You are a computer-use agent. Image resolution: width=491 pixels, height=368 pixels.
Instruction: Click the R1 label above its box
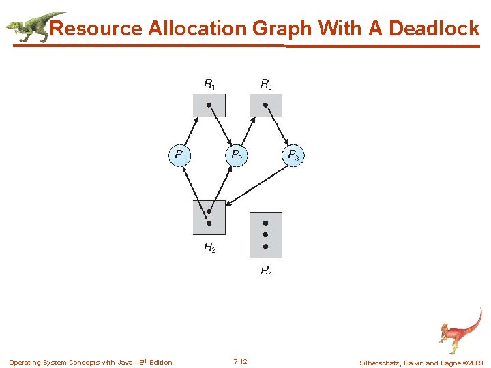click(210, 85)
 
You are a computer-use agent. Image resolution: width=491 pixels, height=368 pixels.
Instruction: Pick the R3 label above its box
click(267, 85)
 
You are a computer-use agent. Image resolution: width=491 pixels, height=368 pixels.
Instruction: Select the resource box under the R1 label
click(209, 106)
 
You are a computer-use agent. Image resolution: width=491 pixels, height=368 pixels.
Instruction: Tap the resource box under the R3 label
click(266, 106)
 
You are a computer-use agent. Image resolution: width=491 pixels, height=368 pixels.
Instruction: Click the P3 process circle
click(293, 155)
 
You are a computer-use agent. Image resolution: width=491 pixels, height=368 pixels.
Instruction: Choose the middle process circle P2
click(236, 155)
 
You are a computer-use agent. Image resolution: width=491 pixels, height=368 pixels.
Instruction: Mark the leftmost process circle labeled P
click(179, 155)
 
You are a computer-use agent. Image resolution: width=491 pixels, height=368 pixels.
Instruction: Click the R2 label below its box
click(210, 248)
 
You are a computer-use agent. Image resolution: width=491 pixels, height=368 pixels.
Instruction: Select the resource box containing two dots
click(209, 217)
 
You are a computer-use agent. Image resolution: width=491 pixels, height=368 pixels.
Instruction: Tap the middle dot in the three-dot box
click(266, 234)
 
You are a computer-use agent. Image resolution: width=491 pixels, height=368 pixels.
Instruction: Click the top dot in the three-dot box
click(266, 223)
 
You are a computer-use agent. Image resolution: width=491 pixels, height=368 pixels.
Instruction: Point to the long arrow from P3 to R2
click(259, 184)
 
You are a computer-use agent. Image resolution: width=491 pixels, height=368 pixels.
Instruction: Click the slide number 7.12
click(240, 362)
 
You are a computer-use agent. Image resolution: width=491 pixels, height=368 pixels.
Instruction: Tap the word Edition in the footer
click(161, 363)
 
